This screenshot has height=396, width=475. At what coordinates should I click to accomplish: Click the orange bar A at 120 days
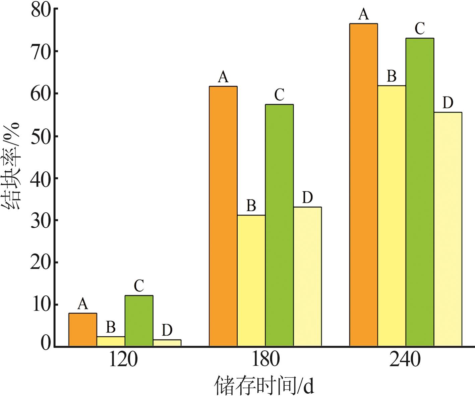(x=83, y=329)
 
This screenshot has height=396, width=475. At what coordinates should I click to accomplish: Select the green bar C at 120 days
(x=139, y=321)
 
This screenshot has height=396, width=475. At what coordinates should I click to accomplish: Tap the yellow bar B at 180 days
(x=251, y=280)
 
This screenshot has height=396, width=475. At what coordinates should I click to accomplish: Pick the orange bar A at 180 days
(x=223, y=216)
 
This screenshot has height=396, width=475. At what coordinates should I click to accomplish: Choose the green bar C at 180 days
(x=279, y=225)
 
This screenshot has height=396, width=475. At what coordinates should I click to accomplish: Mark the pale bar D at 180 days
(x=307, y=276)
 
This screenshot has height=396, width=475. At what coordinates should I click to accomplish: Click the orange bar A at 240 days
(x=363, y=185)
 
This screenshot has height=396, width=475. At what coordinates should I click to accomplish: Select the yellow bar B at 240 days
(x=392, y=216)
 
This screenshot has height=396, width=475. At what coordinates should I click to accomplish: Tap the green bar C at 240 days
(x=420, y=192)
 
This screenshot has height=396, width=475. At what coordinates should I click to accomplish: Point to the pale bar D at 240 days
(x=448, y=229)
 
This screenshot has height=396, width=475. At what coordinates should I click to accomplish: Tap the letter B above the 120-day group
(x=111, y=327)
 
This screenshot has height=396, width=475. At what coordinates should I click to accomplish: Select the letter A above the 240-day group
(x=363, y=15)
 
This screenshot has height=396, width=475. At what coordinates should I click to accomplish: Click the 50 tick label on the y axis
(x=40, y=136)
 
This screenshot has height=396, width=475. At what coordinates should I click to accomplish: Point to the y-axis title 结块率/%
(x=12, y=166)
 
